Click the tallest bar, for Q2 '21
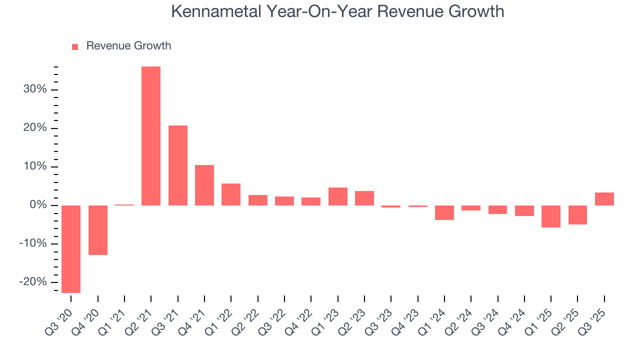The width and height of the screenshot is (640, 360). pyautogui.click(x=151, y=135)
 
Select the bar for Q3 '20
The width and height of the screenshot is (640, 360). pyautogui.click(x=71, y=249)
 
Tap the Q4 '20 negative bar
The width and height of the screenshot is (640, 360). pyautogui.click(x=98, y=230)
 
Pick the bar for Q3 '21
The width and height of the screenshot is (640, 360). pyautogui.click(x=178, y=165)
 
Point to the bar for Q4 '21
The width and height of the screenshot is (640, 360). pyautogui.click(x=204, y=185)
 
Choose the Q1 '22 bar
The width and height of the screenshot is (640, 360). pyautogui.click(x=231, y=194)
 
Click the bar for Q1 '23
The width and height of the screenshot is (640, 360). pyautogui.click(x=338, y=196)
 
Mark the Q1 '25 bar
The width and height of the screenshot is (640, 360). pyautogui.click(x=551, y=216)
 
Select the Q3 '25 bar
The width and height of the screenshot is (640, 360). pyautogui.click(x=604, y=199)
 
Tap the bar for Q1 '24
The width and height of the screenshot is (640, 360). pyautogui.click(x=444, y=212)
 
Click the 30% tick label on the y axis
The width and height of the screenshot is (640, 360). pyautogui.click(x=34, y=90)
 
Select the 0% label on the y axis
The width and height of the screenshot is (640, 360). pyautogui.click(x=37, y=205)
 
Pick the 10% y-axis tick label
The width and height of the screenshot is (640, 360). pyautogui.click(x=34, y=167)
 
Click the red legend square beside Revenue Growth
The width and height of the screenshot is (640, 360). pyautogui.click(x=75, y=46)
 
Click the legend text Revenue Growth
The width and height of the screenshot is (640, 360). pyautogui.click(x=128, y=46)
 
